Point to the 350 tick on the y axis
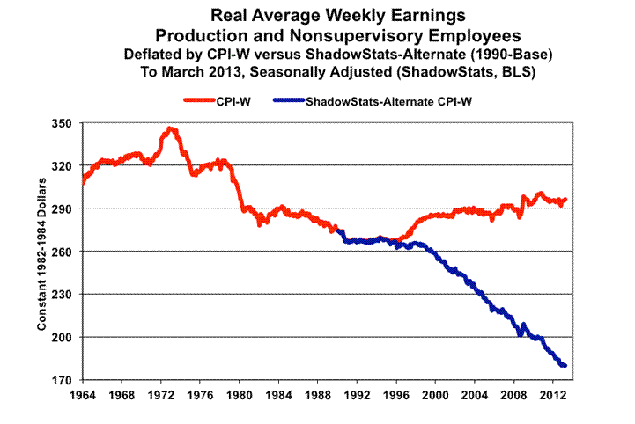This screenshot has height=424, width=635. [61, 123]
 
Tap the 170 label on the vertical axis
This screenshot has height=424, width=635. [61, 380]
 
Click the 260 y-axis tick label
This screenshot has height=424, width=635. [61, 252]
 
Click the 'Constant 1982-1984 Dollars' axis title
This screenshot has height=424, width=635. [41, 252]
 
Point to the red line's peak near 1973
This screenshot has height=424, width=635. [170, 129]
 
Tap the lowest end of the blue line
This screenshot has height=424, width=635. [565, 365]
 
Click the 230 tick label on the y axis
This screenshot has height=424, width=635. [61, 295]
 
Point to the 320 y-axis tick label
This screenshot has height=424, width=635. [61, 165]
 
